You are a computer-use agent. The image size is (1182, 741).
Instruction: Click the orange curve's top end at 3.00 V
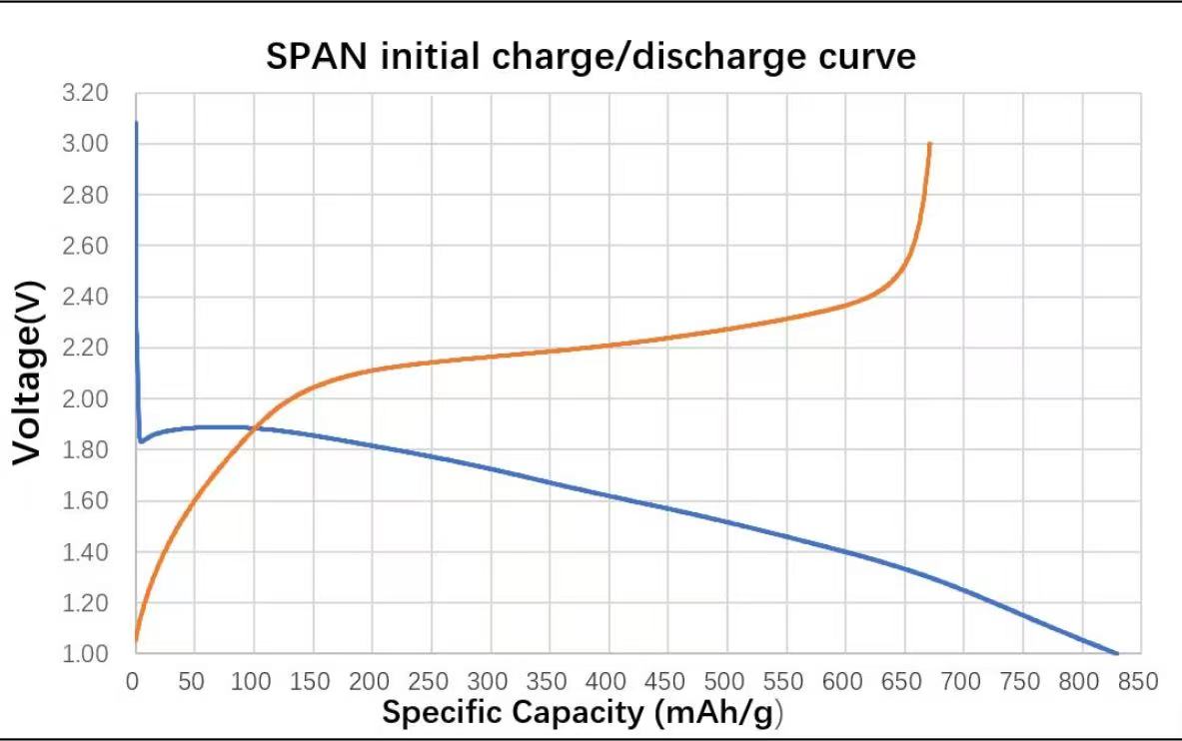point(930,144)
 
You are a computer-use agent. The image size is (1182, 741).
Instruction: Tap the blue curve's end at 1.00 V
point(1117,653)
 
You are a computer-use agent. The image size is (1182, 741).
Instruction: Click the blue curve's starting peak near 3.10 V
point(136,123)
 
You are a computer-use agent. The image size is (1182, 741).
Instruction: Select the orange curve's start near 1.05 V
point(135,640)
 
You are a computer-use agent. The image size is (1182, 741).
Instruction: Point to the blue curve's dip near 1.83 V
point(142,440)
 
